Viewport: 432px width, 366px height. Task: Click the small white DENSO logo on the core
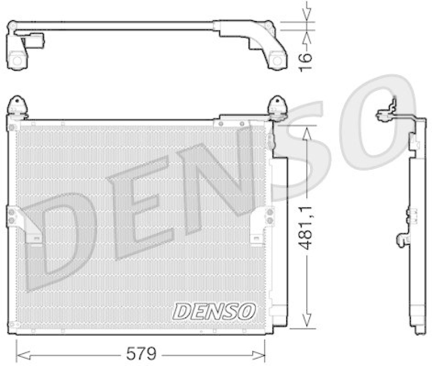click(x=214, y=310)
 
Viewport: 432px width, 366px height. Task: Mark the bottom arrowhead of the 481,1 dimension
click(x=306, y=324)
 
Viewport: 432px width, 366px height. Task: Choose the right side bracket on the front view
click(x=266, y=217)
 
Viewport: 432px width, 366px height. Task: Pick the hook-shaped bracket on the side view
click(x=403, y=239)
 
